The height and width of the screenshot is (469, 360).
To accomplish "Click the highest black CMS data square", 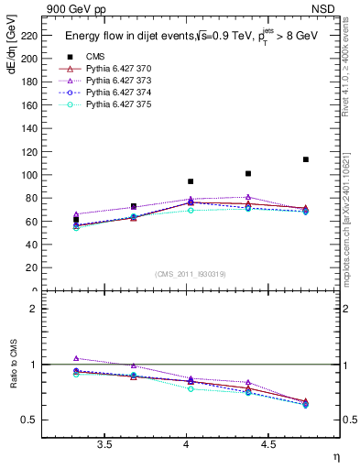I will [x=305, y=159].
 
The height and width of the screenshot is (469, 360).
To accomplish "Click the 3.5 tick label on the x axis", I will [x=105, y=445].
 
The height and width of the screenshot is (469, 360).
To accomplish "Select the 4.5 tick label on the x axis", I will [x=268, y=445].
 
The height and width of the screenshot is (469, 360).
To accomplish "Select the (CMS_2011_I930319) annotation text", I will [x=191, y=274].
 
